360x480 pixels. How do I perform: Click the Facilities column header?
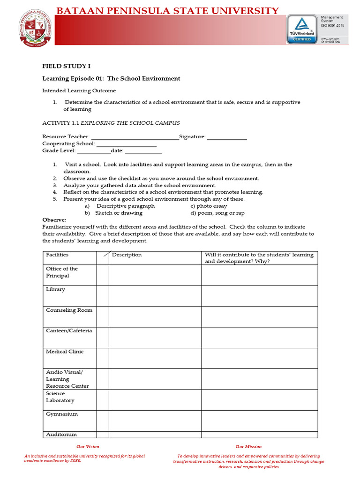(x=57, y=255)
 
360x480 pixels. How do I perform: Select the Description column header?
(x=127, y=255)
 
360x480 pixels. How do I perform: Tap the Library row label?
(x=56, y=290)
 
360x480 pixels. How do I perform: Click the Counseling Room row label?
(x=69, y=310)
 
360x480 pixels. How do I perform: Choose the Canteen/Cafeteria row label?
(x=69, y=331)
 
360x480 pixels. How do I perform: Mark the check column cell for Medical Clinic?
(x=103, y=358)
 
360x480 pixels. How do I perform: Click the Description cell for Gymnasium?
(x=156, y=420)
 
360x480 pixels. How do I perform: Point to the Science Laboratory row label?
(x=60, y=397)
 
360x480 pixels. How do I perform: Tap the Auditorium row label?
(x=61, y=435)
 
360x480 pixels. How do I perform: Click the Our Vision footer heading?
(x=88, y=447)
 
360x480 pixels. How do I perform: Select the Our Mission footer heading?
(x=248, y=447)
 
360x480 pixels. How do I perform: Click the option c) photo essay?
(x=209, y=206)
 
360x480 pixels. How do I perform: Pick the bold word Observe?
(x=54, y=220)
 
